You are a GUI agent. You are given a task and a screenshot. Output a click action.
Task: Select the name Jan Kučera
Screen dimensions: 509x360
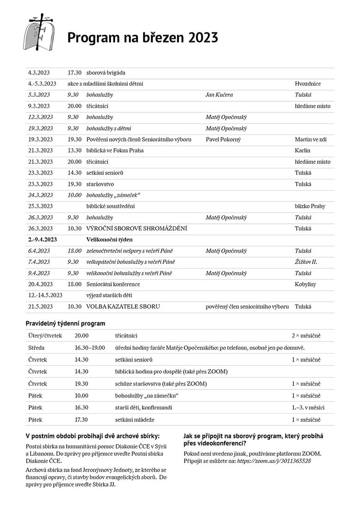pyautogui.click(x=219, y=95)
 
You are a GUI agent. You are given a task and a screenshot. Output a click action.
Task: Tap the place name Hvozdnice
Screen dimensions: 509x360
pyautogui.click(x=308, y=84)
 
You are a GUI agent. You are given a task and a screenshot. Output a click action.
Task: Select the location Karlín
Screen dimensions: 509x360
pyautogui.click(x=303, y=150)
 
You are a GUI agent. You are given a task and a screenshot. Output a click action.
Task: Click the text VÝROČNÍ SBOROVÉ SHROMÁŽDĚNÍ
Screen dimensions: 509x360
pyautogui.click(x=137, y=229)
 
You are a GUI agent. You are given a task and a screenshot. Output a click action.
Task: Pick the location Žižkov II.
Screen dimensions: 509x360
pyautogui.click(x=306, y=262)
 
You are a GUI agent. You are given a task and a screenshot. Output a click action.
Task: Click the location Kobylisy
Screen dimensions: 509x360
pyautogui.click(x=305, y=284)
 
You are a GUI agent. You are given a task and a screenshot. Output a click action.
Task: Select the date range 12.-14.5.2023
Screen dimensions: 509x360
pyautogui.click(x=45, y=295)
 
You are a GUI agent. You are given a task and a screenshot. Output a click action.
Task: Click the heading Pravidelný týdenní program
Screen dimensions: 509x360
pyautogui.click(x=65, y=323)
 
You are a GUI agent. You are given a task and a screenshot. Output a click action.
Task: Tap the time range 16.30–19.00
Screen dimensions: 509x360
pyautogui.click(x=90, y=348)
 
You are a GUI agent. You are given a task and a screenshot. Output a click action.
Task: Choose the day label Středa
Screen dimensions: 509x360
pyautogui.click(x=36, y=348)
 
